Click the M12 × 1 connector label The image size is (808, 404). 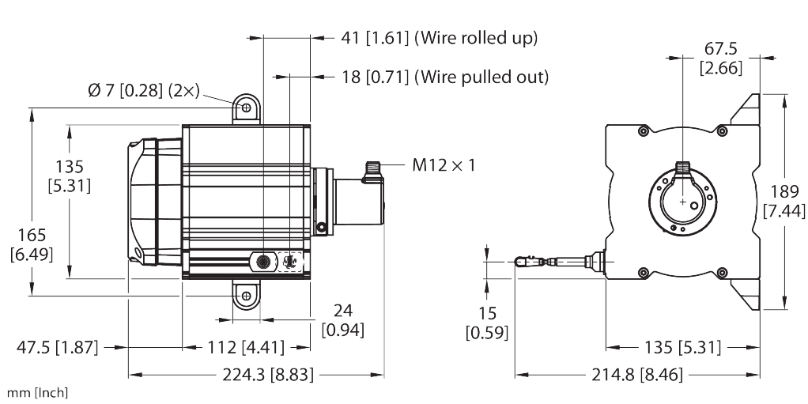(x=444, y=165)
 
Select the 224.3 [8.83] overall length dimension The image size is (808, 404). (x=267, y=375)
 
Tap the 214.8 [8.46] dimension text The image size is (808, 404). (x=636, y=375)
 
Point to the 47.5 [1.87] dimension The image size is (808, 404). (x=57, y=347)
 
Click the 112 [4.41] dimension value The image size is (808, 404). (x=246, y=347)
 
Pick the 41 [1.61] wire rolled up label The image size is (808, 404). (x=439, y=38)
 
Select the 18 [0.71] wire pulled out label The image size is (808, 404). (x=445, y=77)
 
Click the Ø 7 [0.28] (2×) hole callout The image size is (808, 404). (x=143, y=91)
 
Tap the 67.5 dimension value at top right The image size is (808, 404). (x=721, y=49)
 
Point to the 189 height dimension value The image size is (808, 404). (x=784, y=191)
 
